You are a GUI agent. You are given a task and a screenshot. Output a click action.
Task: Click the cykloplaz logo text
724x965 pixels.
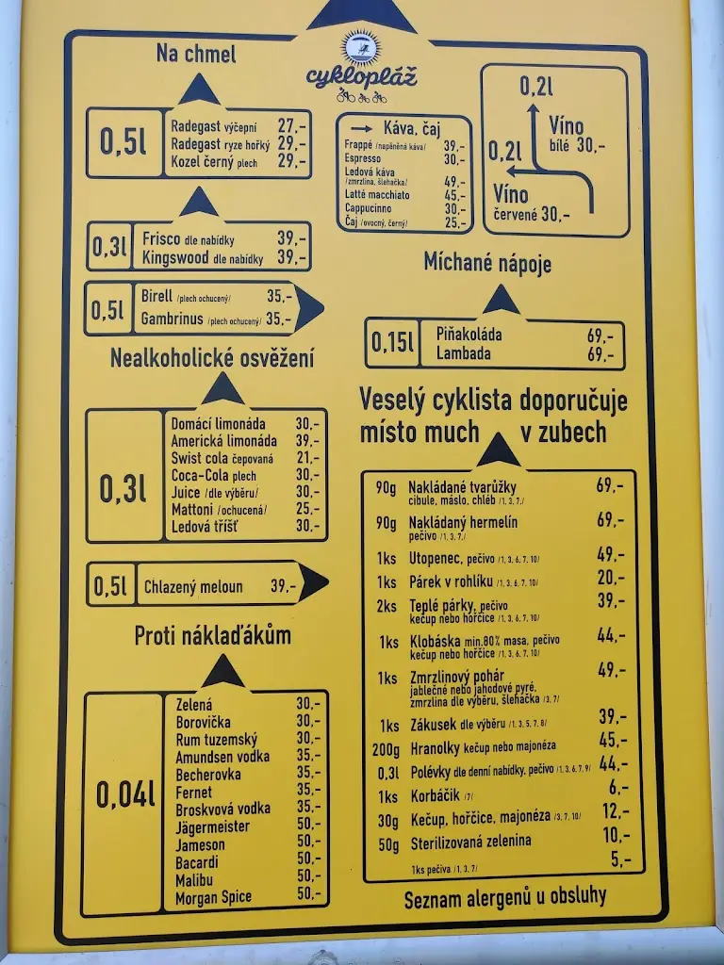362,75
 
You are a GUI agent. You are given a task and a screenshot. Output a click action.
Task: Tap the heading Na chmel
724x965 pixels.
196,54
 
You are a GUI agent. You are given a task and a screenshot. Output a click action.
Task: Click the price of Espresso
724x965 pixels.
454,160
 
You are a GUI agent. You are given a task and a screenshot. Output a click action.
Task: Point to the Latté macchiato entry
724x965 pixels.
378,195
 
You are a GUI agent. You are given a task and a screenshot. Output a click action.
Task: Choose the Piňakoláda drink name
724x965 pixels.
469,335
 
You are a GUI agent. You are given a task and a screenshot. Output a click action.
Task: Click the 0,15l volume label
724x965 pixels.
392,343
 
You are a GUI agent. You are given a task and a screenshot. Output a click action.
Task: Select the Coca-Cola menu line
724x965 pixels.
214,475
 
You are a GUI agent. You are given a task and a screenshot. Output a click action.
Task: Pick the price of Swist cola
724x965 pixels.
307,458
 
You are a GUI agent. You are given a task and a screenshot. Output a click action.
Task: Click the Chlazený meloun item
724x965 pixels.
193,587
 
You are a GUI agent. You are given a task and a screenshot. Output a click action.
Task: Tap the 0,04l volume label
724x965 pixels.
124,794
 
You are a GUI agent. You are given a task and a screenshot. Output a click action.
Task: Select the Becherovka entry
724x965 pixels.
208,775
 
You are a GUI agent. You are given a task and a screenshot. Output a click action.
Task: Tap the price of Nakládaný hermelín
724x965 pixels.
609,520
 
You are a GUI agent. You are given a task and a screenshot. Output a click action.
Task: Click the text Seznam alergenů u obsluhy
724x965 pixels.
505,897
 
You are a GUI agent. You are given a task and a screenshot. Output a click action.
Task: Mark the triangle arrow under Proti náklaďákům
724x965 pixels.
223,672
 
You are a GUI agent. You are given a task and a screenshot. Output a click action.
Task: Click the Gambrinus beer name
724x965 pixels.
173,319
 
